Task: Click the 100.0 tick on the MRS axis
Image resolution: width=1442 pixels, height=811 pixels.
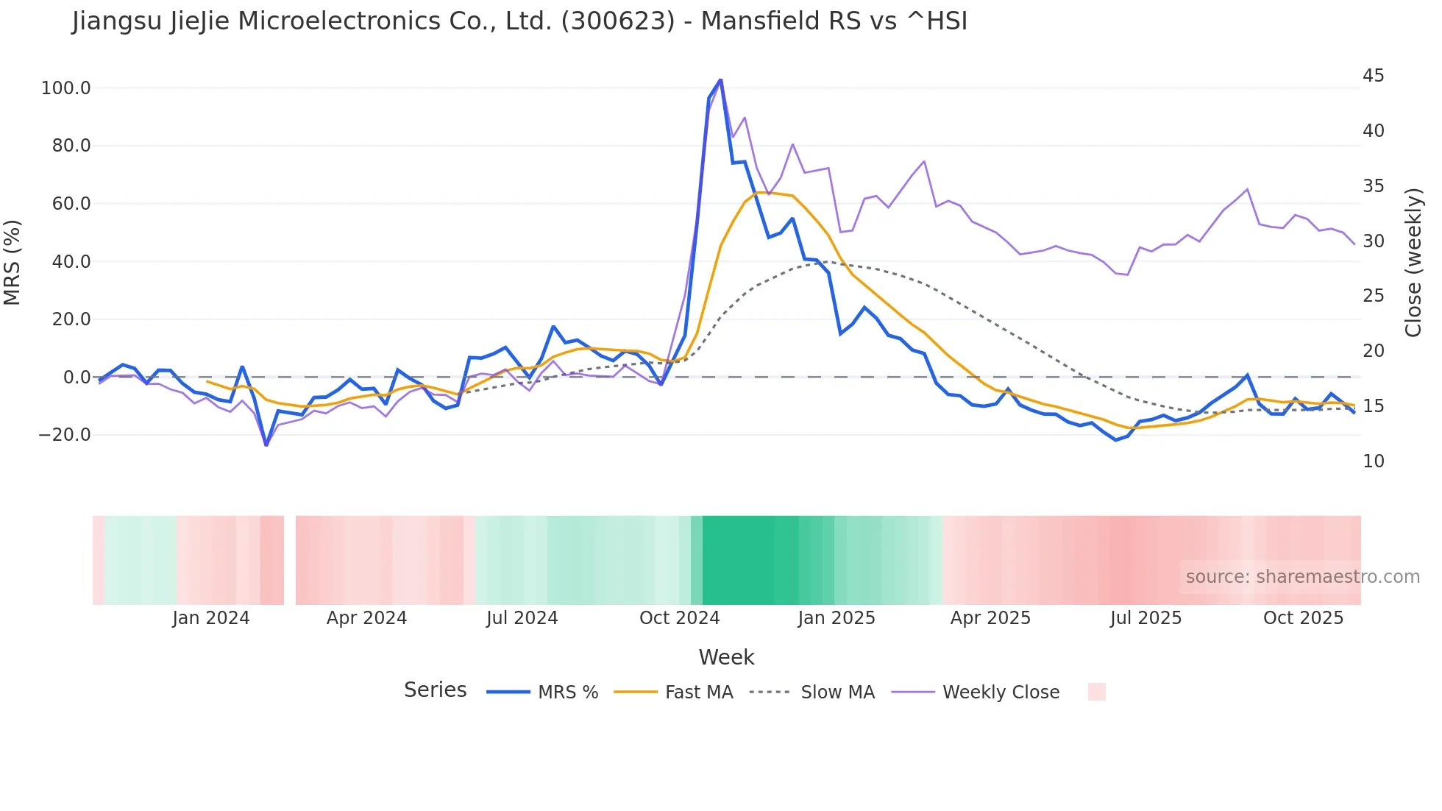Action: [x=65, y=88]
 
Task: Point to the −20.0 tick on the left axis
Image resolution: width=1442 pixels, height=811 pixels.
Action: [x=65, y=435]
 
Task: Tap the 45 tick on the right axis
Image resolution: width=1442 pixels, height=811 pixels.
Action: [x=1373, y=76]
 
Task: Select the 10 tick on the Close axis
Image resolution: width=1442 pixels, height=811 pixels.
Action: [x=1373, y=461]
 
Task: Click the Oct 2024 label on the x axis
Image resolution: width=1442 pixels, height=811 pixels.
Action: [x=679, y=618]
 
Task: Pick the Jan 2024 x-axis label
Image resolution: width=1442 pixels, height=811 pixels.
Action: [x=211, y=618]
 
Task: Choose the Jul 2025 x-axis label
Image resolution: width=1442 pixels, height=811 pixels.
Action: [x=1146, y=618]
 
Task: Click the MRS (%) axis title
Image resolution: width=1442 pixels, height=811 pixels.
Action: [x=13, y=262]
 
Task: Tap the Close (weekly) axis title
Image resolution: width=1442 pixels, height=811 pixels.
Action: [x=1413, y=262]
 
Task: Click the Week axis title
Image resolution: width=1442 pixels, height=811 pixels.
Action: [x=726, y=657]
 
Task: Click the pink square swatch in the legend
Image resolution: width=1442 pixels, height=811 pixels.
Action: [x=1096, y=692]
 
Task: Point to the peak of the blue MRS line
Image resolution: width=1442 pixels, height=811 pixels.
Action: [x=720, y=79]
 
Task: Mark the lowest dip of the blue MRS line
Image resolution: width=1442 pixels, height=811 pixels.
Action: [x=266, y=445]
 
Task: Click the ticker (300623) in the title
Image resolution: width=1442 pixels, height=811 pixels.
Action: [x=618, y=21]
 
